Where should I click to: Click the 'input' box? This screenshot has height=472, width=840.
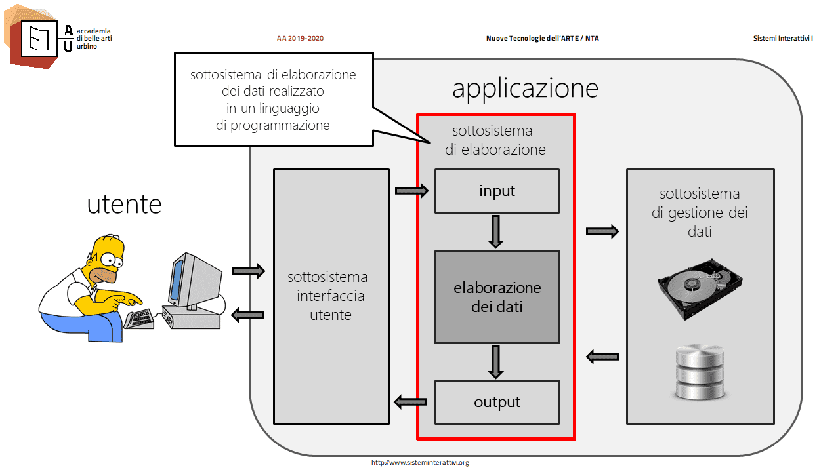(x=497, y=191)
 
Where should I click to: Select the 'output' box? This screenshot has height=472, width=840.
(x=497, y=403)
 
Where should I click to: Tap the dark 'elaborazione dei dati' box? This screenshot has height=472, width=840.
(x=497, y=297)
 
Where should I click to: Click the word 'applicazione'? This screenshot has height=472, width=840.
(x=525, y=88)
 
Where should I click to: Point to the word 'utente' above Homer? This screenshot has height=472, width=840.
(x=125, y=205)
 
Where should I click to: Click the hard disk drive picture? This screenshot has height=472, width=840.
(x=700, y=288)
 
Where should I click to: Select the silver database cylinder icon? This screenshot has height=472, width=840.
(x=700, y=372)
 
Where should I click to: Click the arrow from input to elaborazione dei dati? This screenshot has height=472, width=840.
(x=495, y=231)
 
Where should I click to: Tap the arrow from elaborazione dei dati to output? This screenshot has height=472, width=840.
(x=495, y=362)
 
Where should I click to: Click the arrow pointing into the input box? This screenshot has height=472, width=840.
(x=411, y=191)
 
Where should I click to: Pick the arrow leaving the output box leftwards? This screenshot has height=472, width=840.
(x=410, y=403)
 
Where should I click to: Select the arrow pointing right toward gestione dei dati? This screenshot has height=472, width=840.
(x=602, y=231)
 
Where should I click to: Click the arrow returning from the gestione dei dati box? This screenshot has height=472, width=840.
(x=602, y=357)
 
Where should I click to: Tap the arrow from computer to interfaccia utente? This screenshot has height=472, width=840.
(x=248, y=271)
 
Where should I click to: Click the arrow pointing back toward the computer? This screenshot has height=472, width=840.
(x=247, y=315)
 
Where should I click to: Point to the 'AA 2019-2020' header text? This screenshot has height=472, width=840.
(x=300, y=38)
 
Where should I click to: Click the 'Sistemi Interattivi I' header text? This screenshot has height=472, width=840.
(x=783, y=38)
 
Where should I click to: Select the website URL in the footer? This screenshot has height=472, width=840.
(x=420, y=463)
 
